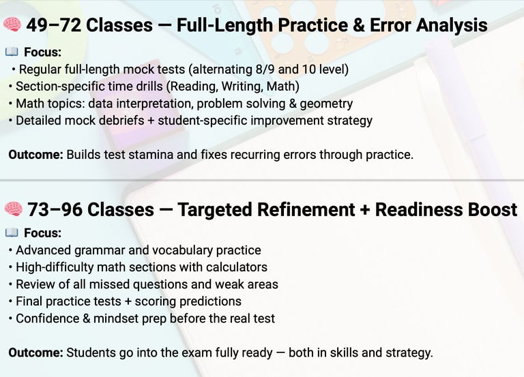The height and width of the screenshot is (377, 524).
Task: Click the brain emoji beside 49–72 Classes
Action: [12, 25]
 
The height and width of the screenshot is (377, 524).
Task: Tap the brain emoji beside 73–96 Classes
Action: [14, 209]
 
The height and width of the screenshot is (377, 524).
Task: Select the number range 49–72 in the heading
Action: [54, 25]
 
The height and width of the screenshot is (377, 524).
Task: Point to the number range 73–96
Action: [55, 210]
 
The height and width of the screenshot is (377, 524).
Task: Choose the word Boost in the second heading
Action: [492, 210]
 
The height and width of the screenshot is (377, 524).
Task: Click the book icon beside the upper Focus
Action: [12, 52]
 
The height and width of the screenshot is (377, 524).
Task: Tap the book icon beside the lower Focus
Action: [12, 232]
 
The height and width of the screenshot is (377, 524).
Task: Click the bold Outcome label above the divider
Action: [35, 155]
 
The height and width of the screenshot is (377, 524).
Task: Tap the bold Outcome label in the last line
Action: [35, 352]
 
